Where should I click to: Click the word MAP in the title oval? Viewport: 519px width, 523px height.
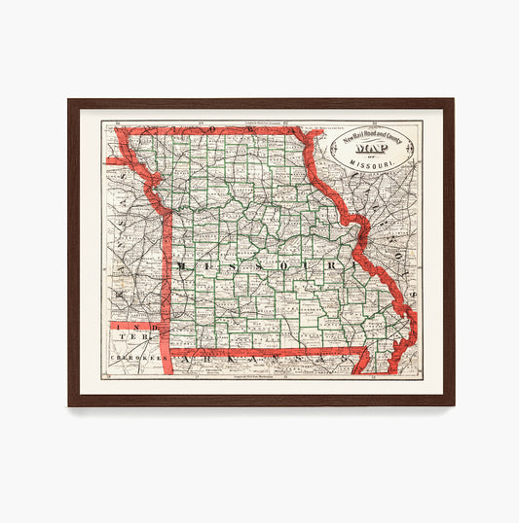379,149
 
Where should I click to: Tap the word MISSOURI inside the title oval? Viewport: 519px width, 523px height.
380,166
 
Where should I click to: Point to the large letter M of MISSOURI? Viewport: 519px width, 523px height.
180,264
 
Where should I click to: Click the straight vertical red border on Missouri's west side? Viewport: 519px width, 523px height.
167,282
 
